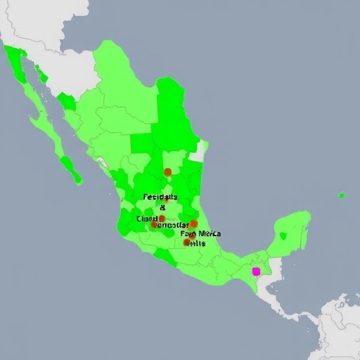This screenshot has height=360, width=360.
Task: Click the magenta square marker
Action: (256, 271)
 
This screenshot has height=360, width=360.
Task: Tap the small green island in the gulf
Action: (342, 195)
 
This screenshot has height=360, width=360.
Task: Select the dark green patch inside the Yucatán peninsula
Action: (283, 236)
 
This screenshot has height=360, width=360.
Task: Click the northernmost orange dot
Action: (167, 172)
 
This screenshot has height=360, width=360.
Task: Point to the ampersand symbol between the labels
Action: (163, 207)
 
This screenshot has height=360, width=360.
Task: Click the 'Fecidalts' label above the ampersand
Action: (160, 198)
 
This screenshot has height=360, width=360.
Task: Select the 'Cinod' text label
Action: (148, 219)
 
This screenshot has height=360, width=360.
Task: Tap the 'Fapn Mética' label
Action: (200, 233)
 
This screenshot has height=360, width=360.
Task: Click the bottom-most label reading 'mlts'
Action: (197, 243)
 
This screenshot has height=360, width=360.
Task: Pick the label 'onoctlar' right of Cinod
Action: (174, 226)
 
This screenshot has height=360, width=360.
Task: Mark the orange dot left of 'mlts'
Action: (186, 242)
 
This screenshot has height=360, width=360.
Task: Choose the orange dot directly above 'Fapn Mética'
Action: (193, 224)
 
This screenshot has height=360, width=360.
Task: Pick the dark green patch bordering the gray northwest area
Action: (67, 102)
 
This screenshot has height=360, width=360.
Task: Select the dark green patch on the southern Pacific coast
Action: (166, 257)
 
